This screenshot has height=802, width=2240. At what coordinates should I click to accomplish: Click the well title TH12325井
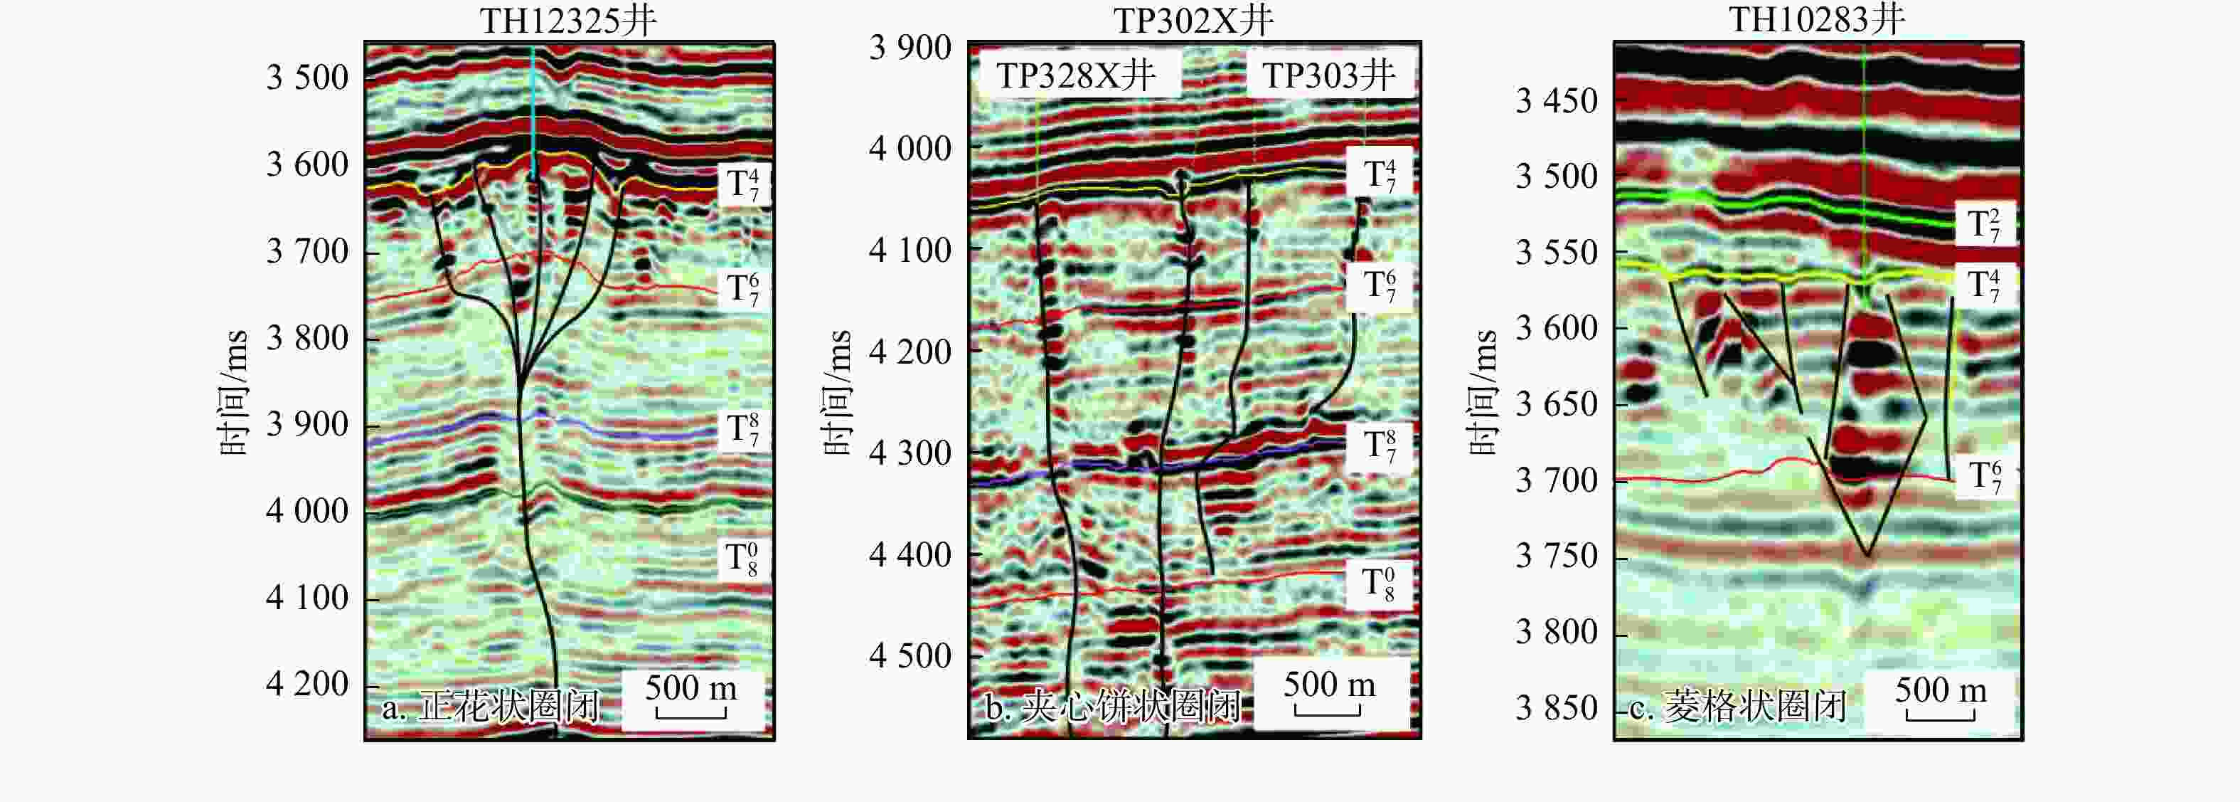pyautogui.click(x=568, y=20)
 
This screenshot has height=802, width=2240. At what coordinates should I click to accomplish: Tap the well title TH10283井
pyautogui.click(x=1816, y=19)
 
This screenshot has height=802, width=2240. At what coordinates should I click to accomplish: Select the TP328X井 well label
pyautogui.click(x=1077, y=75)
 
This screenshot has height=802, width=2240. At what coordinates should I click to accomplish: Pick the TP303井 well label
pyautogui.click(x=1328, y=75)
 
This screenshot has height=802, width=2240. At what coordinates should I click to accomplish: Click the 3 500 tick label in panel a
pyautogui.click(x=307, y=78)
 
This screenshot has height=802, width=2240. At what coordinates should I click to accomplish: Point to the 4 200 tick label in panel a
pyautogui.click(x=307, y=685)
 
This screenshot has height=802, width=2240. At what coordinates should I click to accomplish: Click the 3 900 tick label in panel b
pyautogui.click(x=910, y=48)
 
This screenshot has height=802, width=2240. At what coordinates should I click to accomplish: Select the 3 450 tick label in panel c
pyautogui.click(x=1557, y=101)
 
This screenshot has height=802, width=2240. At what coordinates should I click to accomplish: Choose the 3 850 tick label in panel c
pyautogui.click(x=1557, y=708)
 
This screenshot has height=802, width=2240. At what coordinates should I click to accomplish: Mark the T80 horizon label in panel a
pyautogui.click(x=742, y=559)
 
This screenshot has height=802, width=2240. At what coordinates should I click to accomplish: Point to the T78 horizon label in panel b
pyautogui.click(x=1379, y=445)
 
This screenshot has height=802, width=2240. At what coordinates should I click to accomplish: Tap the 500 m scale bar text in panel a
pyautogui.click(x=690, y=689)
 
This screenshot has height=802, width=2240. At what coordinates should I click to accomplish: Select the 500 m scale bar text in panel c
pyautogui.click(x=1941, y=691)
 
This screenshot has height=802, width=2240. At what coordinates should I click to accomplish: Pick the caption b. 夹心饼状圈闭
pyautogui.click(x=1112, y=707)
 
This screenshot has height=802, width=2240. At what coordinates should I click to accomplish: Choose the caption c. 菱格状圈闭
pyautogui.click(x=1737, y=707)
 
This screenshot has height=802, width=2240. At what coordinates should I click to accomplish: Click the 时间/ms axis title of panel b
pyautogui.click(x=838, y=392)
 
